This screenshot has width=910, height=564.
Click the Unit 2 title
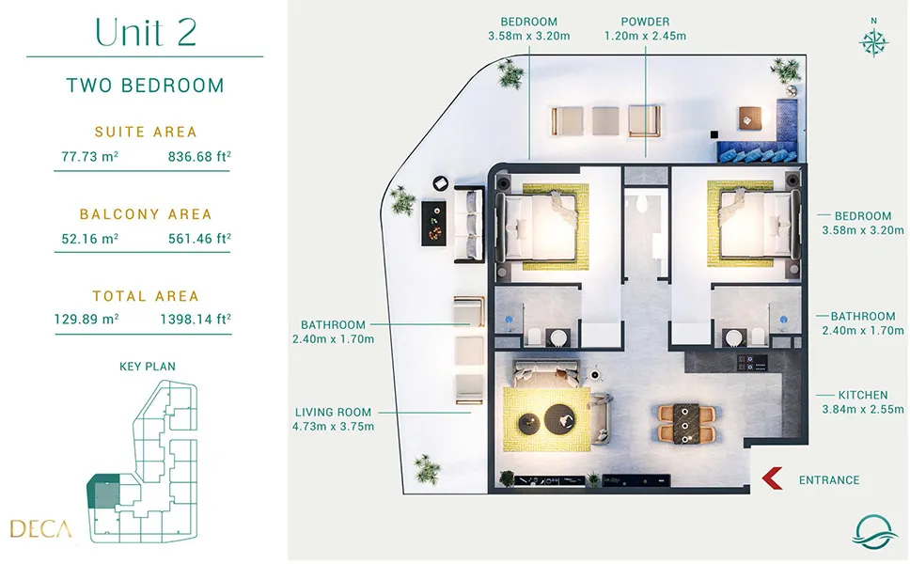click(x=146, y=32)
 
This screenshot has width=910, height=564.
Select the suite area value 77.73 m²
click(x=90, y=156)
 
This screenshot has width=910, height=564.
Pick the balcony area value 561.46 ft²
click(x=199, y=238)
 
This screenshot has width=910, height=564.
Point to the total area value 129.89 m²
click(x=86, y=320)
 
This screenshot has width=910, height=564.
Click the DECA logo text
click(x=40, y=528)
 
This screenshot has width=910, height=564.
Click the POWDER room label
click(x=645, y=22)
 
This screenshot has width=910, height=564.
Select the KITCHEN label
click(x=862, y=395)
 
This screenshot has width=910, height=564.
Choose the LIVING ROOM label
click(x=333, y=413)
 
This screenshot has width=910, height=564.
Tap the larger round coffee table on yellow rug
click(x=560, y=417)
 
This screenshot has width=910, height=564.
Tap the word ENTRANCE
click(x=829, y=480)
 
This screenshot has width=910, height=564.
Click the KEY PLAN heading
click(x=148, y=367)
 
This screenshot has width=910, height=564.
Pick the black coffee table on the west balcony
click(x=434, y=224)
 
